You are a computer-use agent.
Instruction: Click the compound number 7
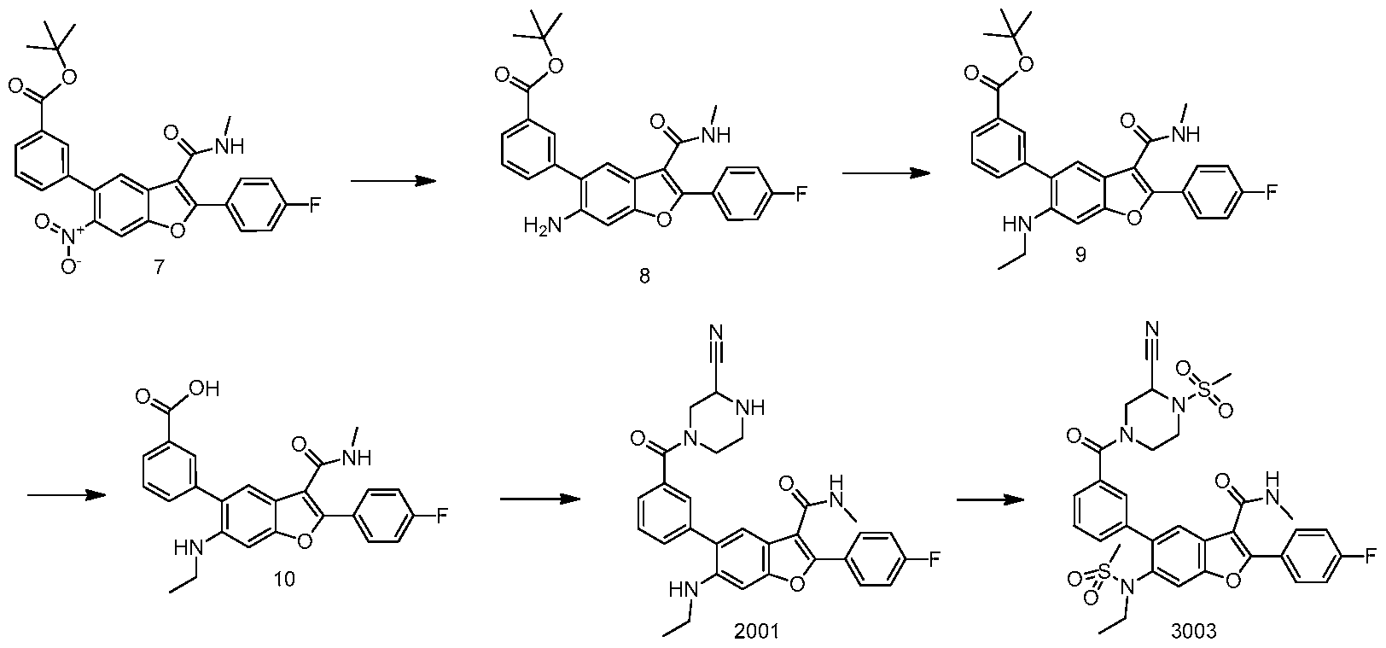[x=159, y=266]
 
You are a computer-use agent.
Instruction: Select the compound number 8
[x=644, y=276]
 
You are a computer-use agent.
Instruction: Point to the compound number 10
[x=284, y=579]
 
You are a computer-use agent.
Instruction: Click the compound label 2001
[x=757, y=631]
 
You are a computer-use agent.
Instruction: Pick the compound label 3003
[x=1194, y=631]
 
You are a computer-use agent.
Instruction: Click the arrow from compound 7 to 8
[x=393, y=181]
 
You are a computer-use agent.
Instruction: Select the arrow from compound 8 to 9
[x=886, y=173]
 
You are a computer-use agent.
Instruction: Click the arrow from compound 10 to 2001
[x=540, y=499]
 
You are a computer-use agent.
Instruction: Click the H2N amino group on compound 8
[x=543, y=225]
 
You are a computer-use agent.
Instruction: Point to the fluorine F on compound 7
[x=316, y=204]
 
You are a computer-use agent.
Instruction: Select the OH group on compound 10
[x=206, y=388]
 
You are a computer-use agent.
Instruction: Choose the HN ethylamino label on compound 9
[x=1014, y=226]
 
